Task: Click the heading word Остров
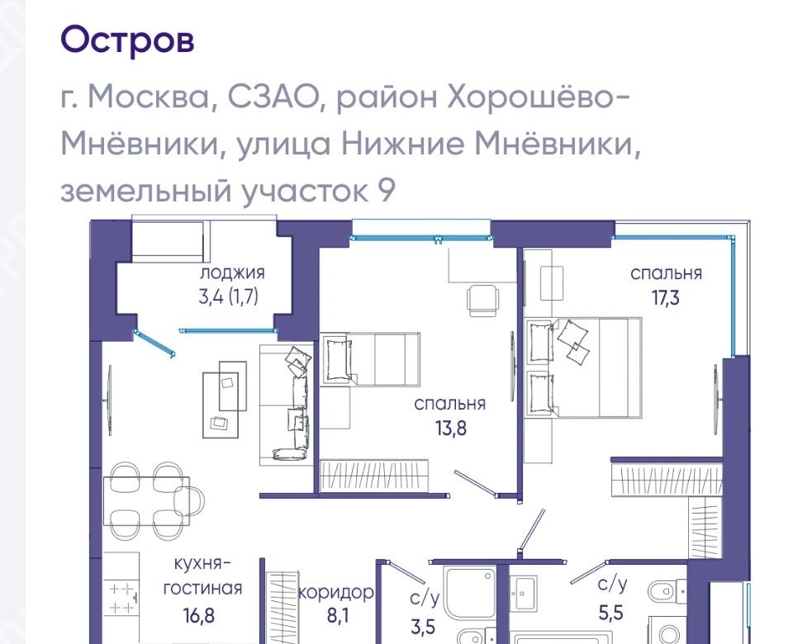(x=127, y=40)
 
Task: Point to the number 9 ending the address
(x=386, y=191)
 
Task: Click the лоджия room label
(x=232, y=273)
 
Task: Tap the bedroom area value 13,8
(x=451, y=429)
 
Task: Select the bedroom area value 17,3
(x=666, y=298)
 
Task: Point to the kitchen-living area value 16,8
(x=199, y=616)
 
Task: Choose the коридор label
(x=336, y=593)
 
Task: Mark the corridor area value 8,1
(x=339, y=616)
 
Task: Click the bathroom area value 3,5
(x=423, y=627)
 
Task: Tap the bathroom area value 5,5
(x=611, y=613)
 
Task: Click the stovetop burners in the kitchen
(x=123, y=598)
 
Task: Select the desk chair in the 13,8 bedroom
(x=482, y=298)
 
